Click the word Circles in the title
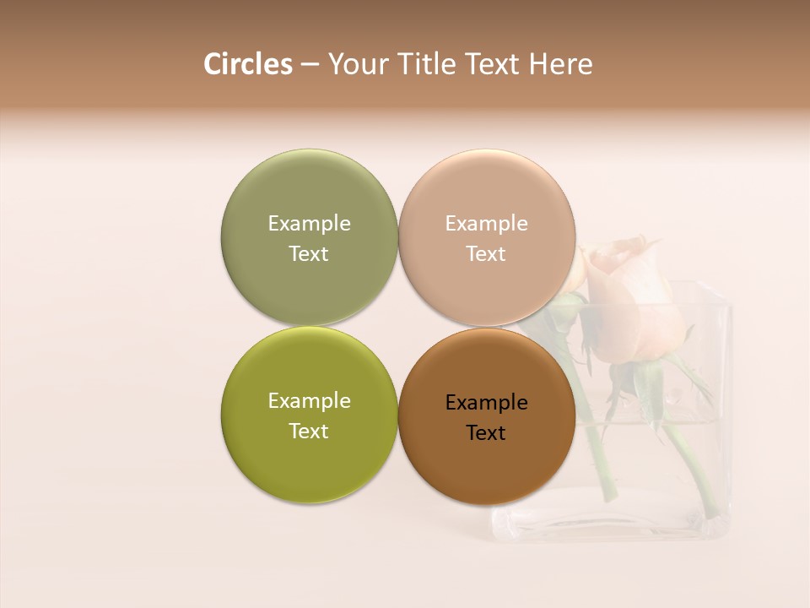click(247, 64)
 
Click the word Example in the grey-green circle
click(309, 223)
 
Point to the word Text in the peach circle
click(486, 253)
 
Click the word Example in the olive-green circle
click(309, 400)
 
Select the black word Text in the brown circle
click(486, 432)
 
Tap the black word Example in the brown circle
click(486, 402)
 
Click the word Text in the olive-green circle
click(309, 431)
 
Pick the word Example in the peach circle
click(486, 223)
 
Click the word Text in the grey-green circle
click(309, 253)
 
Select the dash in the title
click(309, 65)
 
